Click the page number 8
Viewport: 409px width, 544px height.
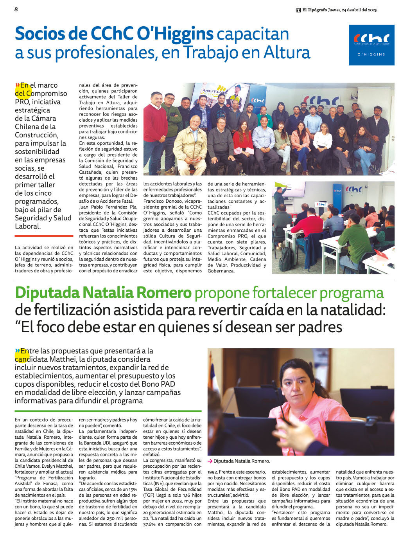(16, 9)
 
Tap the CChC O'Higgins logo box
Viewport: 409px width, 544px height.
(371, 45)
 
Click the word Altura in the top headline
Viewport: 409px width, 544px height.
(287, 52)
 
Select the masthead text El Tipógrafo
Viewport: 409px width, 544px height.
(314, 10)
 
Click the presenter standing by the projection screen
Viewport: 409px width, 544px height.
(279, 198)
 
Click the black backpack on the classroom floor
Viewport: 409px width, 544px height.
(287, 259)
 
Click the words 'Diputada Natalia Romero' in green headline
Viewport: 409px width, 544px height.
(103, 293)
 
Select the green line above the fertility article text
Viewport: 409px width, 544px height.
(108, 411)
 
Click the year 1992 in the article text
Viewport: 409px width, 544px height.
(214, 472)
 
